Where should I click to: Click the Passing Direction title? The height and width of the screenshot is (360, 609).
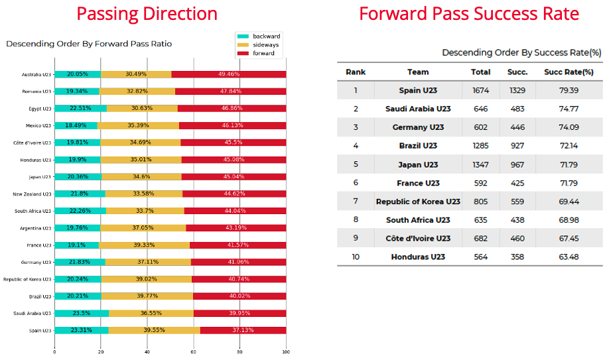pos(147,13)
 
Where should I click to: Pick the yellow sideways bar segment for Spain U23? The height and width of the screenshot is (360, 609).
pos(154,330)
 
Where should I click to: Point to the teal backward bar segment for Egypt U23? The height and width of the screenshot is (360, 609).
pos(80,108)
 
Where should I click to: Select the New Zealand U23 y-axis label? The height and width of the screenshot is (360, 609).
pos(31,194)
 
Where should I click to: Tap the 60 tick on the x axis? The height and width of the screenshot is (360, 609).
pos(194,353)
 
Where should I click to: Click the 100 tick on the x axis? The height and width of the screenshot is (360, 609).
pos(286,353)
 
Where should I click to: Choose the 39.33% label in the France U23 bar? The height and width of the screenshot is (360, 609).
pos(143,245)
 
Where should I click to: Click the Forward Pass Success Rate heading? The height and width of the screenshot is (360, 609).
pos(469,13)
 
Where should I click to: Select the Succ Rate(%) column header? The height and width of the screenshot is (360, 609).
pos(569,72)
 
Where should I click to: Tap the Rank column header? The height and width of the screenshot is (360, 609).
pos(356,72)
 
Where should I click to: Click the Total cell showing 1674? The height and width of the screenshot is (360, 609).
pos(480,90)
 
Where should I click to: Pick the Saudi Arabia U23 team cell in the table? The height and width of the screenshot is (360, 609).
pos(418,109)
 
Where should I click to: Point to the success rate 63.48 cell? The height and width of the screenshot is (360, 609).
pos(569,257)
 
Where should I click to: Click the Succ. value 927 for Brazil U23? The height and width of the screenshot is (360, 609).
pos(517,146)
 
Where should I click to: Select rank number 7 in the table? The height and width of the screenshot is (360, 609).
pos(356,202)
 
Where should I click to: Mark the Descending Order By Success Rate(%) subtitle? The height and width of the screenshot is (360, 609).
pos(521,52)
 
